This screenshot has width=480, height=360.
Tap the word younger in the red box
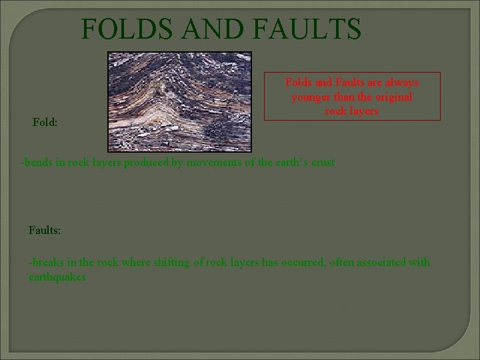pos(310,97)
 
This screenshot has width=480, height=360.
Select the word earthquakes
pos(57,277)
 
